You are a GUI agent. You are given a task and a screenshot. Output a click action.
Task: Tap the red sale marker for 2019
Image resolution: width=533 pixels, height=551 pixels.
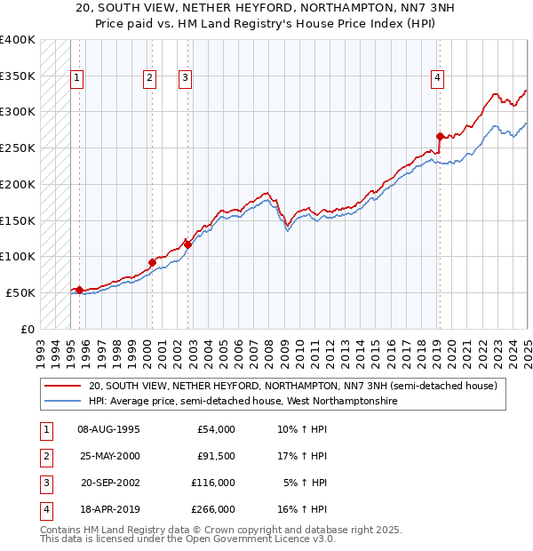(x=440, y=136)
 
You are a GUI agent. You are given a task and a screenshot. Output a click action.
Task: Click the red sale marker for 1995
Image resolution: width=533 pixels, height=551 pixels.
(x=79, y=290)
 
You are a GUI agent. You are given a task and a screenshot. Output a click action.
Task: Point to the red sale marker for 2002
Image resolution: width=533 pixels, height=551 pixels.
(x=187, y=244)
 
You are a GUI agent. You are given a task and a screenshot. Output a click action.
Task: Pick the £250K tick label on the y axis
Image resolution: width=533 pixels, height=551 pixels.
(x=18, y=148)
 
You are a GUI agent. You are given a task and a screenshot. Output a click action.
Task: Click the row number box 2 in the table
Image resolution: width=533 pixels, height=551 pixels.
(x=45, y=456)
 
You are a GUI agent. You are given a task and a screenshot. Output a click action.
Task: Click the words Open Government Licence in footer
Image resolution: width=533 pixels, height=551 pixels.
(x=259, y=539)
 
